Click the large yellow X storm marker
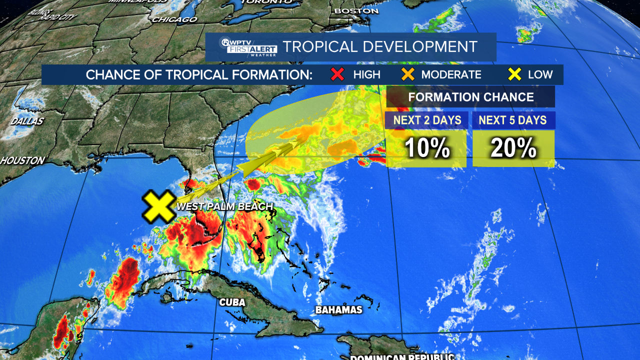[x=158, y=206]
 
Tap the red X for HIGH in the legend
[x=338, y=74]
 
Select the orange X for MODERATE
[x=408, y=74]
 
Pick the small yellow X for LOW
[x=514, y=74]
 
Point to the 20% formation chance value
[x=513, y=148]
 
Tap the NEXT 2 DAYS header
[x=426, y=120]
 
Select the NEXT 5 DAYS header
[x=513, y=120]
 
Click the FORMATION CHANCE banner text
[x=470, y=97]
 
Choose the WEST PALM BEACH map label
[x=224, y=206]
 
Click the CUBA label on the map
[x=232, y=302]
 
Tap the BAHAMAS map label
[x=338, y=310]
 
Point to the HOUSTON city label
[x=22, y=161]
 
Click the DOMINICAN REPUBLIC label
[x=402, y=357]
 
